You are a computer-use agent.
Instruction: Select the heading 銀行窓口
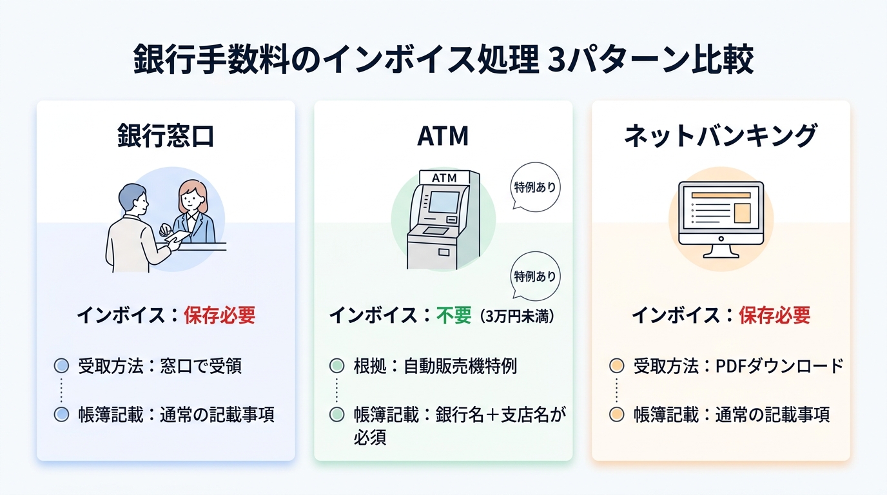tap(166, 136)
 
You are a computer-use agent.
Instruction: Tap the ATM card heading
tap(443, 136)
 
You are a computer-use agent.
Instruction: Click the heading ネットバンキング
tap(720, 136)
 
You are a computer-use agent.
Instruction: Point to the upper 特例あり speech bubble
tap(534, 188)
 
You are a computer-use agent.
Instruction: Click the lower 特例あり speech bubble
tap(534, 276)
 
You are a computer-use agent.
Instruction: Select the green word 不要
tap(454, 315)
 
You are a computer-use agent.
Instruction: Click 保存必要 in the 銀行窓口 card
tap(219, 315)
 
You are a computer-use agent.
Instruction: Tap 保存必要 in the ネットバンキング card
tap(774, 315)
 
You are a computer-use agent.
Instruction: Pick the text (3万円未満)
tap(515, 316)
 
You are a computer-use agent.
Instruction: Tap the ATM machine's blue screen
tap(444, 202)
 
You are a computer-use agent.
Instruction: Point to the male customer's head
tap(133, 199)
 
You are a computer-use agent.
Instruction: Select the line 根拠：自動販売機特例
tap(434, 366)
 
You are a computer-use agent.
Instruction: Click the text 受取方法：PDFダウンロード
tap(738, 366)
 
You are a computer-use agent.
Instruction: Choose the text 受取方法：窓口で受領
tap(160, 366)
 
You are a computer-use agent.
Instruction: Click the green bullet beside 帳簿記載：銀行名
tap(336, 414)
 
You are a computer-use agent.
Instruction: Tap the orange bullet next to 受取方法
tap(616, 366)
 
